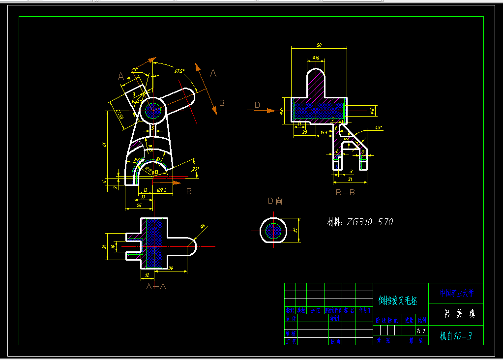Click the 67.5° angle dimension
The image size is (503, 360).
point(179,71)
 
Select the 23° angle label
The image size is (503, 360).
point(196,169)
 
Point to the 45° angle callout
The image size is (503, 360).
point(378,128)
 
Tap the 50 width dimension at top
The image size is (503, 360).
point(319,45)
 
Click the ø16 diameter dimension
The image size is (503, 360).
point(316,58)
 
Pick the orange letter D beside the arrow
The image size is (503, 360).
point(257,104)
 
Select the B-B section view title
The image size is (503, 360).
point(345,193)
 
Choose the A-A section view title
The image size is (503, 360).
point(156,285)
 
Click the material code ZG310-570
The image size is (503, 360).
point(369,222)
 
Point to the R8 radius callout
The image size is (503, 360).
point(203,227)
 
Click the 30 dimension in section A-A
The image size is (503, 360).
point(170,269)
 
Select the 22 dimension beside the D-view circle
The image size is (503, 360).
point(296,230)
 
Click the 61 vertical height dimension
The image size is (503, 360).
point(104,144)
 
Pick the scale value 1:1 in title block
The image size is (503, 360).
point(421,330)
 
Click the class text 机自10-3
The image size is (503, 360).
point(456,336)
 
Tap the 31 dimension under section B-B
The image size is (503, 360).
point(350,179)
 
